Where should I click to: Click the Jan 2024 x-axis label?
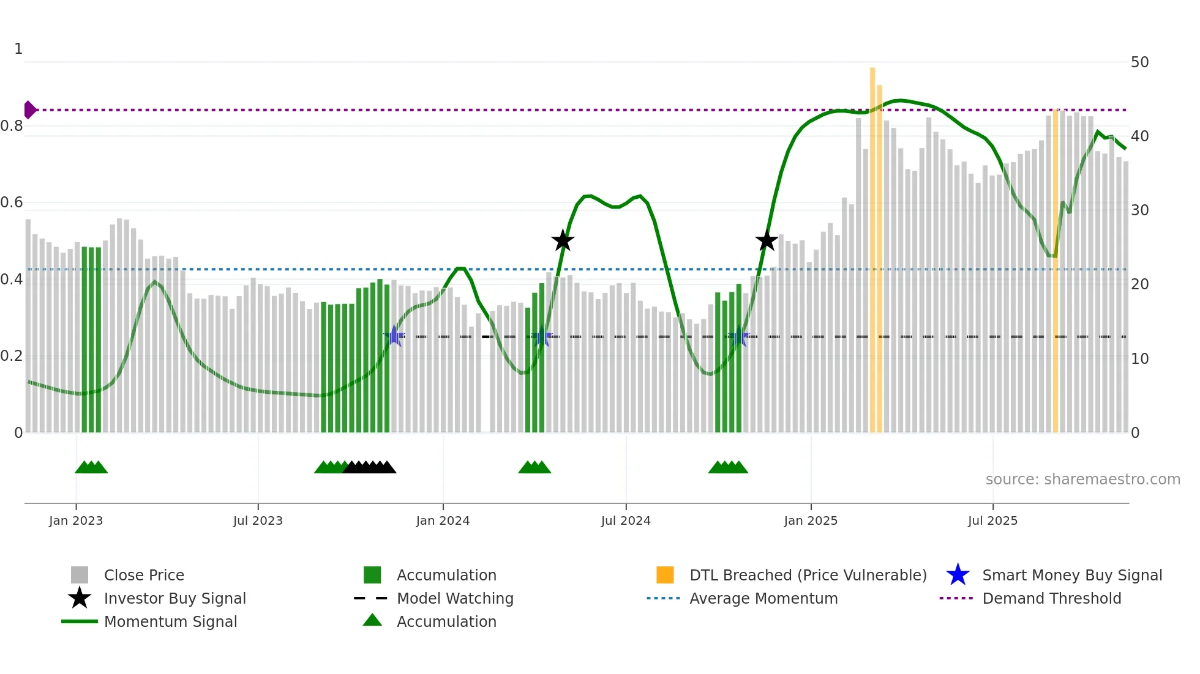click(x=443, y=520)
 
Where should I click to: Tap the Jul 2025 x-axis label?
click(x=992, y=520)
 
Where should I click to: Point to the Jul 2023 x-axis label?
click(x=258, y=520)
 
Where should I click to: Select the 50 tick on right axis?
click(x=1139, y=62)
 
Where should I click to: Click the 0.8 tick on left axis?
click(x=12, y=126)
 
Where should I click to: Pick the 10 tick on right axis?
click(x=1139, y=359)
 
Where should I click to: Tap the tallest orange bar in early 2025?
click(x=872, y=245)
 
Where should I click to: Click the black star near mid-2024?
click(x=563, y=241)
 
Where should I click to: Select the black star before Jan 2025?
click(x=766, y=240)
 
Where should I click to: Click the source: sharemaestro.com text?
click(x=1082, y=480)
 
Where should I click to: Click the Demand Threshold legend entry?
click(x=1051, y=598)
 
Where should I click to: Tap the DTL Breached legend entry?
click(x=808, y=575)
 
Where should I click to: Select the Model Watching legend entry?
click(x=454, y=598)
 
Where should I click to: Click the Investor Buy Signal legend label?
click(x=174, y=598)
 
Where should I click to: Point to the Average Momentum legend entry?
click(x=763, y=598)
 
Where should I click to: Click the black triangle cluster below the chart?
click(x=369, y=467)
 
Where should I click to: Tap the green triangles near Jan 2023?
click(x=91, y=467)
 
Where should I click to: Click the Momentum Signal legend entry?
click(x=170, y=621)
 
